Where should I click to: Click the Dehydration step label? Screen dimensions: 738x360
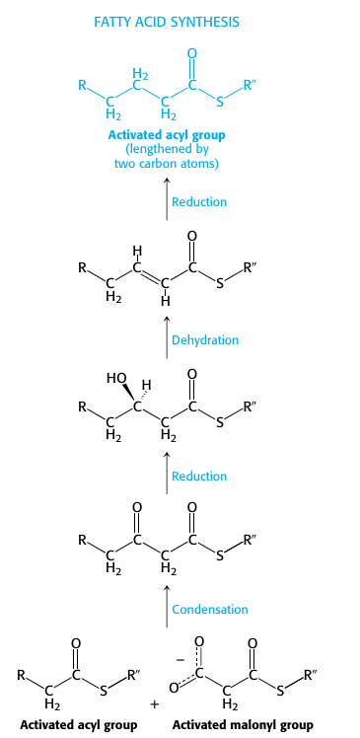pyautogui.click(x=205, y=339)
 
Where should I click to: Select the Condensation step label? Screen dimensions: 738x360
pyautogui.click(x=210, y=609)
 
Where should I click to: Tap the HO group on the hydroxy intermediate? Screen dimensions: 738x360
pyautogui.click(x=115, y=377)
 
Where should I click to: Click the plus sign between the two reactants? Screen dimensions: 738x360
pyautogui.click(x=153, y=704)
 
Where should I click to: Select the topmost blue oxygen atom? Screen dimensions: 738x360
pyautogui.click(x=191, y=52)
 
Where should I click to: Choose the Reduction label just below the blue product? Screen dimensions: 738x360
pyautogui.click(x=199, y=201)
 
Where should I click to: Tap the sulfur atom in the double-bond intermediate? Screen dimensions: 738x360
pyautogui.click(x=219, y=286)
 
